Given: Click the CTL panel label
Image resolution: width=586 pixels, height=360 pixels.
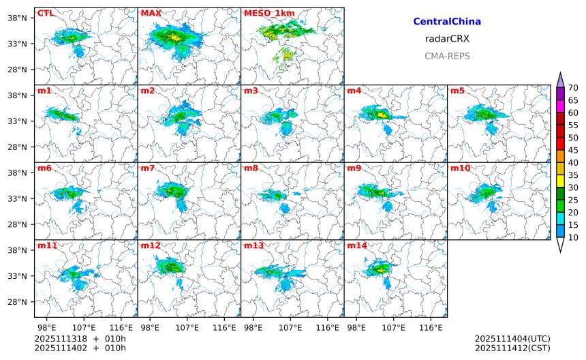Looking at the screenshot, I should pos(45,13).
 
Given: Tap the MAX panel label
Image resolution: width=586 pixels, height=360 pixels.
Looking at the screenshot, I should pos(151,13).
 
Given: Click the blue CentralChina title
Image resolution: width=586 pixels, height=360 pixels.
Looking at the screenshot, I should pos(447,22).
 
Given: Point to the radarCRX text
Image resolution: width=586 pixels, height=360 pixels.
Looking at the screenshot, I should pos(447,39).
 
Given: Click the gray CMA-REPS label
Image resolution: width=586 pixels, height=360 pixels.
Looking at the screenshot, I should pos(447,56).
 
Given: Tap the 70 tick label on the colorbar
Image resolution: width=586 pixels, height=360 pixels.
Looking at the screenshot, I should pos(574,87).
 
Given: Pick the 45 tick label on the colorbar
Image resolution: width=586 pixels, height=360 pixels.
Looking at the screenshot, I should pos(574,150).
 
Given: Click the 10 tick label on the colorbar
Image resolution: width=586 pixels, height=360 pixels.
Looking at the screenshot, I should pos(574,237).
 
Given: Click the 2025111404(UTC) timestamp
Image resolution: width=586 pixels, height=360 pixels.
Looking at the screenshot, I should pos(512,338).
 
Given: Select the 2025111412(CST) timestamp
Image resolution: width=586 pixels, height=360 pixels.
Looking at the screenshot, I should pos(512,348).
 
